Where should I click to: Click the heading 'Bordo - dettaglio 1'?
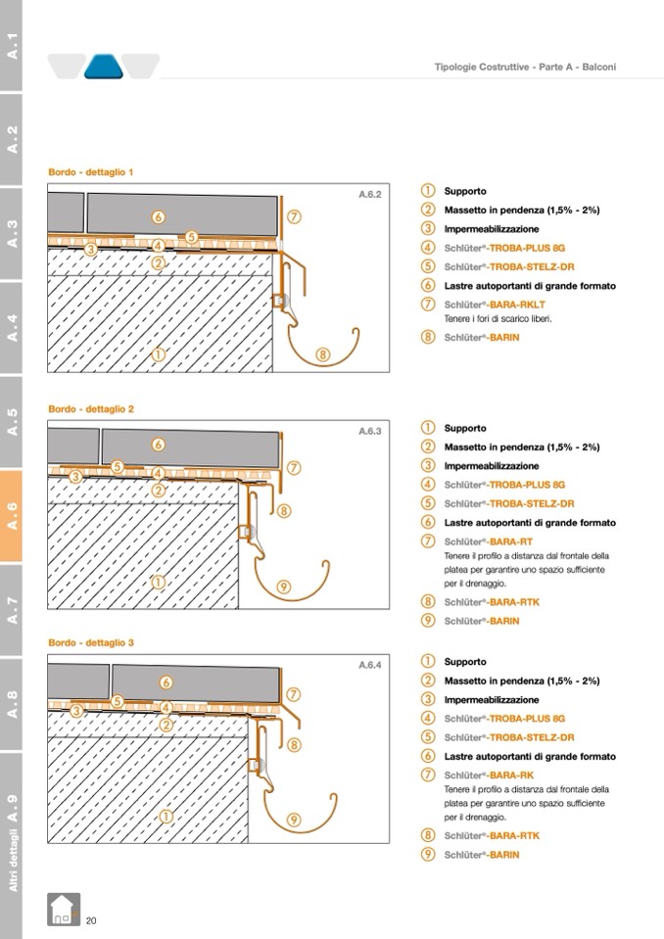(91, 172)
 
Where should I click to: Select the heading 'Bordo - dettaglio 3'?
(91, 642)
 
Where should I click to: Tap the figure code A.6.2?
(369, 194)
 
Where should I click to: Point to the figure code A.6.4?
(369, 664)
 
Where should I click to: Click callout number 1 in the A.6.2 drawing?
(158, 354)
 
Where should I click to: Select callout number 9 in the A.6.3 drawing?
(284, 587)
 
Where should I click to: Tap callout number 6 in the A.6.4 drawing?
(166, 681)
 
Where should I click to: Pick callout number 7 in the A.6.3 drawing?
(293, 468)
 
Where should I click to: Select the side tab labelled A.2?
(13, 138)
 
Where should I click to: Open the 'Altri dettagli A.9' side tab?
(13, 842)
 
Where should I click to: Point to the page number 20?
(91, 920)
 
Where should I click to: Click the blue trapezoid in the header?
(102, 67)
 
